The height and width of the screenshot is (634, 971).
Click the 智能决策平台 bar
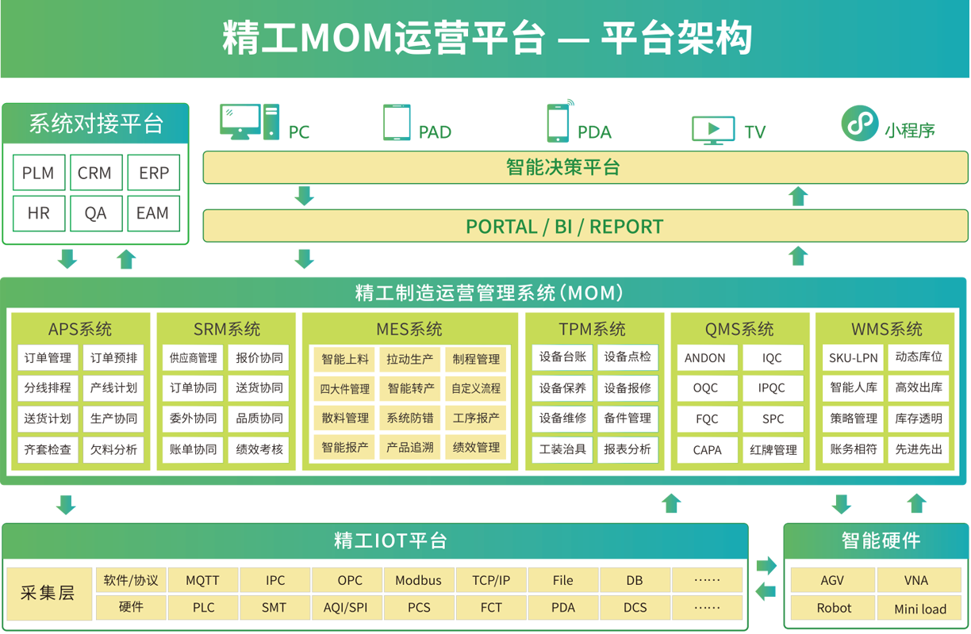click(585, 167)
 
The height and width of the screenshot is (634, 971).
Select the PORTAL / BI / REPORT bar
click(585, 227)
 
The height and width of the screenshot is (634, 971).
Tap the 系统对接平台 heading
click(96, 124)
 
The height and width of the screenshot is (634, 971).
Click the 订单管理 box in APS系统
click(48, 358)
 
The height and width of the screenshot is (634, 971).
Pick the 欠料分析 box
click(113, 449)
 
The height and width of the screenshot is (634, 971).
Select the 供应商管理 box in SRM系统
click(193, 358)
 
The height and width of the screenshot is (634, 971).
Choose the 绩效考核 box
click(259, 449)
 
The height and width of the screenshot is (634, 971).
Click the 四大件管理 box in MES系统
click(345, 389)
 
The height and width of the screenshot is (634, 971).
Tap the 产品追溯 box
click(410, 448)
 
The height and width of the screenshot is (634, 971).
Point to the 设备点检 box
click(628, 357)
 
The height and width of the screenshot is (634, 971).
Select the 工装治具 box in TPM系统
click(562, 449)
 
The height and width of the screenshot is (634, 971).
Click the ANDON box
click(705, 358)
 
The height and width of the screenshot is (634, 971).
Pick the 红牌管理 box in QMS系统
click(773, 450)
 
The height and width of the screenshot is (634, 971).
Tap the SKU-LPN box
click(854, 358)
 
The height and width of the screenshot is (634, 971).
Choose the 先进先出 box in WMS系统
click(919, 449)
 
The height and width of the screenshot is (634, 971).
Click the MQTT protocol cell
click(202, 581)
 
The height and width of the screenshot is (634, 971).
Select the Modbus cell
click(418, 581)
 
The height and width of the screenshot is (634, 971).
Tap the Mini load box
click(920, 609)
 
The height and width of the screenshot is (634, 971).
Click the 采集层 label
click(48, 594)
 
